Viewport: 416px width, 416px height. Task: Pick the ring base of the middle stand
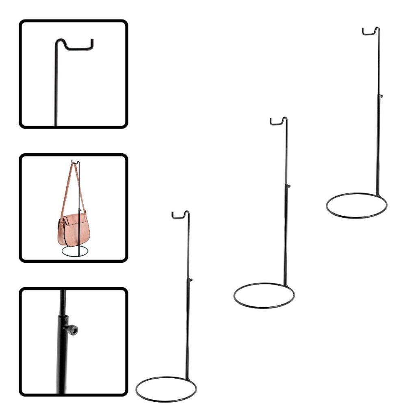[x=264, y=305]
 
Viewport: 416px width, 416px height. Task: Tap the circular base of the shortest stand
[x=166, y=399]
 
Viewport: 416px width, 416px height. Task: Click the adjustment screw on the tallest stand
[x=381, y=96]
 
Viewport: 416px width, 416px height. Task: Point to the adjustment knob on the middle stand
[x=289, y=186]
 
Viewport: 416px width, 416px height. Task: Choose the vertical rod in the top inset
[x=56, y=89]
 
